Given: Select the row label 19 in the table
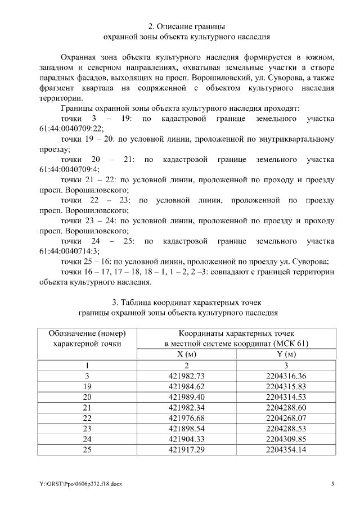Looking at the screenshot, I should pos(87,386).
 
